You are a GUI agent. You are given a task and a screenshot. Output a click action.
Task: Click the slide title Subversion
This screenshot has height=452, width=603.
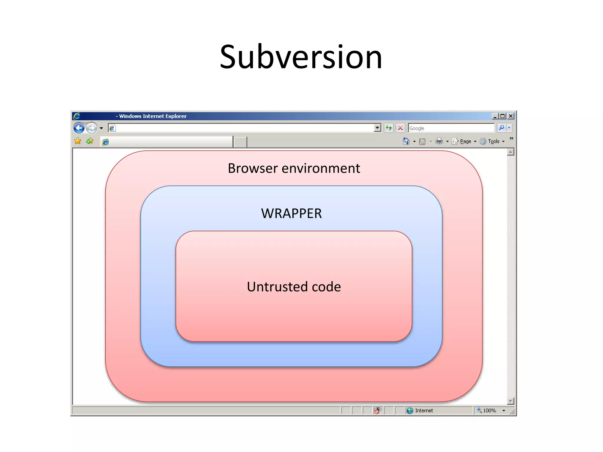coord(301,57)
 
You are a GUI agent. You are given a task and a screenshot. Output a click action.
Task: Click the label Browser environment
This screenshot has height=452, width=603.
coord(294,168)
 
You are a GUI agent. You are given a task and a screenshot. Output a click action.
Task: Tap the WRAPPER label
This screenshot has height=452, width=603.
coord(291,213)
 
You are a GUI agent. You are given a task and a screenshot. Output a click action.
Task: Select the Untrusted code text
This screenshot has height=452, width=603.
coord(294,287)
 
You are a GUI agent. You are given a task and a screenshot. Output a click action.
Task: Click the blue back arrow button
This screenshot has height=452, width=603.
coord(79,128)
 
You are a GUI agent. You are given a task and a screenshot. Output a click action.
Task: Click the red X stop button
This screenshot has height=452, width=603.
coord(400,128)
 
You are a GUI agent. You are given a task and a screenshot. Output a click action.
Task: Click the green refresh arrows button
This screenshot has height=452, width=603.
coord(389,128)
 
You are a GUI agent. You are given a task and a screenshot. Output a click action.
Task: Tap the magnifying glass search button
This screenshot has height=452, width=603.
coord(501,128)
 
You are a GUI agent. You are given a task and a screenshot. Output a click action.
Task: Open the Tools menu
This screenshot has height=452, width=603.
coord(493,142)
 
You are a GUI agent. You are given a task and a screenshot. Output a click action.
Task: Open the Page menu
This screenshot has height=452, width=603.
coord(465,142)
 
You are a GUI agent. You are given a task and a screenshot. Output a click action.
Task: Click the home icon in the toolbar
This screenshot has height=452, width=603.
coord(406,142)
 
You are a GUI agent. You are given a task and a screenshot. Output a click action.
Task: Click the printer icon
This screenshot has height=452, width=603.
coord(439,142)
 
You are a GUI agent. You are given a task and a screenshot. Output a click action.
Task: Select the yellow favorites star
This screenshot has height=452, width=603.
coord(78,141)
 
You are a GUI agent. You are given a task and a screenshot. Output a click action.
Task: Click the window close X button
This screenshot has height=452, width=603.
coord(511,116)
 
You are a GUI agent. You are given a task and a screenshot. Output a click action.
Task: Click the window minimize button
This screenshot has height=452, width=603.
coord(495,116)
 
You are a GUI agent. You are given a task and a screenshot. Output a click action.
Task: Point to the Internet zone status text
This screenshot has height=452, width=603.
coord(424,411)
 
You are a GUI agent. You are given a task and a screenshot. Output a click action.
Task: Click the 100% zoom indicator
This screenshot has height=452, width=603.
coord(489,411)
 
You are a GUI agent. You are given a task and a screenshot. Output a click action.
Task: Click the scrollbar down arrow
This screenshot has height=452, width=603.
coord(511,401)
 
